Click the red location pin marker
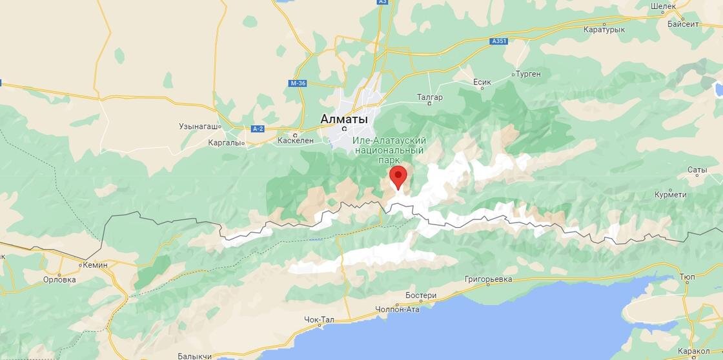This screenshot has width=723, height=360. point(398,176)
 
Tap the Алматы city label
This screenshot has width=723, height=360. point(344,119)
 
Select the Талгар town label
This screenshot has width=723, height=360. point(429,97)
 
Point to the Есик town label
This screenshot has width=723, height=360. point(482,82)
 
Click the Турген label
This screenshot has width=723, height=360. point(528,74)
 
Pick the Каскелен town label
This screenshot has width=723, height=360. point(295,140)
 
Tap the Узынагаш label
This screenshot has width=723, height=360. point(199,126)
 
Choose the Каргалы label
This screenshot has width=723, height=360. point(224,143)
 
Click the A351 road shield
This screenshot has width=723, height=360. point(498,41)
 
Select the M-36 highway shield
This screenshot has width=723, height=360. point(298,83)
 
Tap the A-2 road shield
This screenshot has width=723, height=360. point(258,129)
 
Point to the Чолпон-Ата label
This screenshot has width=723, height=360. point(397,309)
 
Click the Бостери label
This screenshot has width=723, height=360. point(421,295)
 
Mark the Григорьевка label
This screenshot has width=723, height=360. point(488,279)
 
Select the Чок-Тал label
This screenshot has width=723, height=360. point(319,319)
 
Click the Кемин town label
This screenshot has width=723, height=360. point(95,265)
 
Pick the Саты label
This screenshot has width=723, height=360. point(697,170)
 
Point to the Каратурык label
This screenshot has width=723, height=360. point(604,30)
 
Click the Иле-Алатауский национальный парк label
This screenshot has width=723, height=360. point(389,150)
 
